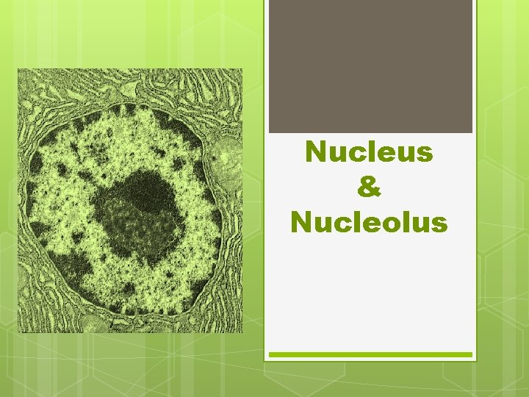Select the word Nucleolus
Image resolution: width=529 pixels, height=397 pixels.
tap(369, 221)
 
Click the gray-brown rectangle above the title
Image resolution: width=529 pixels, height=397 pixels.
tap(370, 66)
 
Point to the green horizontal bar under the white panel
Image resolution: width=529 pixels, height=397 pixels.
tap(370, 354)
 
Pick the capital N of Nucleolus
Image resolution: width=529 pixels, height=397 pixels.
tap(302, 221)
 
